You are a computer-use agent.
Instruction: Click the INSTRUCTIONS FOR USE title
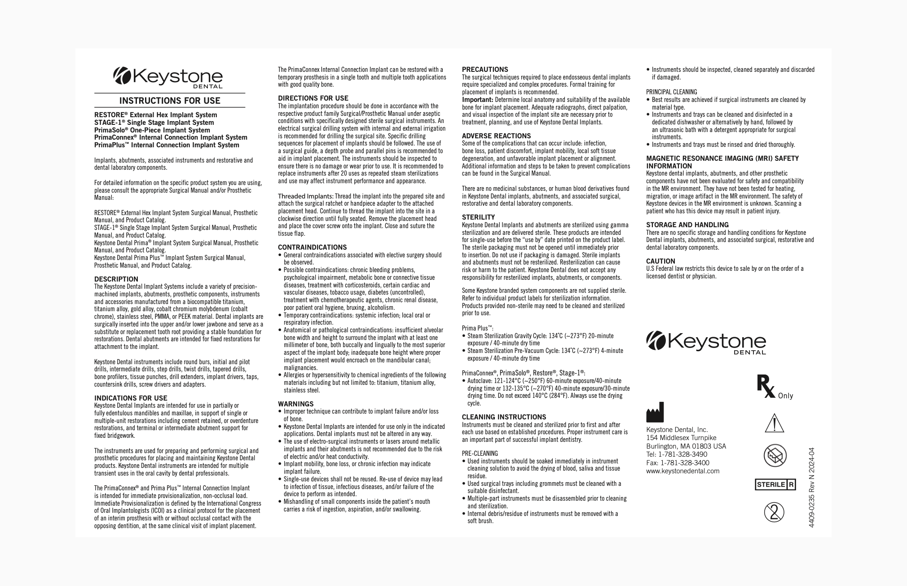coord(170,101)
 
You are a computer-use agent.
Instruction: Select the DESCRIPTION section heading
coord(116,279)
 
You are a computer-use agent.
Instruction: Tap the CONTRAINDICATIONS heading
coord(313,247)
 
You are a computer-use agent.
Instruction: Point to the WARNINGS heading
coord(296,404)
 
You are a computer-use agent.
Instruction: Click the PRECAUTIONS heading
coord(485,70)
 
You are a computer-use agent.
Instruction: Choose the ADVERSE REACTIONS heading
coord(496,136)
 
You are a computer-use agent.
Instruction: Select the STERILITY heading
coord(479,217)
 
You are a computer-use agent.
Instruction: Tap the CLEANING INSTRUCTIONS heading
coord(504,417)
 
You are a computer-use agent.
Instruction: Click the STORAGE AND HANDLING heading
coord(687,225)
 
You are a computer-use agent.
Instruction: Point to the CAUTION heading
coord(660,261)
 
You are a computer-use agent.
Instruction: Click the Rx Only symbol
coord(775,388)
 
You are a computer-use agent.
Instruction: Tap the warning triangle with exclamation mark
coord(775,423)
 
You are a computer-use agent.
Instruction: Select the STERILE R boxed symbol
coord(775,485)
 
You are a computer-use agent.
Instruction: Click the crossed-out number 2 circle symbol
coord(774,512)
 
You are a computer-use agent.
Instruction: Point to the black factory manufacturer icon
coord(655,412)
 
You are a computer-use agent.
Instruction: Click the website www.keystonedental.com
coord(682,471)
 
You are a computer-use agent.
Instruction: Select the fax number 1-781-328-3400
coord(685,463)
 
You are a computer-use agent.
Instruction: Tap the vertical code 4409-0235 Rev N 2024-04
coord(811,487)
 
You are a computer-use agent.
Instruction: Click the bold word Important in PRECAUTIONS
coord(478,100)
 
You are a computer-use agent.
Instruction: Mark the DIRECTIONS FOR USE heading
coord(313,98)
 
